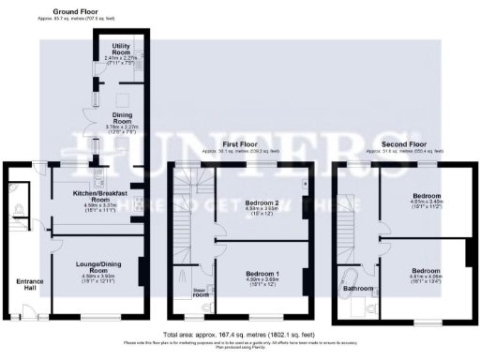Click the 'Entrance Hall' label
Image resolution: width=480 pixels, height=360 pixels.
coord(23,285)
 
